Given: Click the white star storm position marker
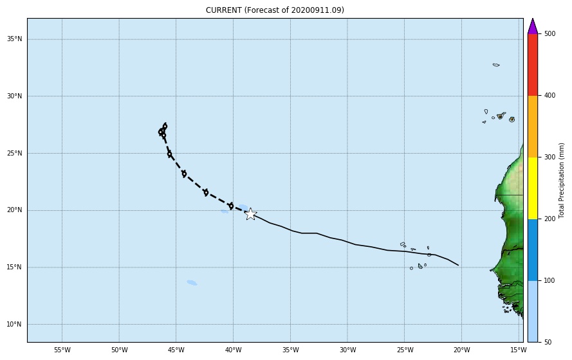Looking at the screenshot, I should [250, 214].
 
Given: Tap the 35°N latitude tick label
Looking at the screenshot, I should [14, 39].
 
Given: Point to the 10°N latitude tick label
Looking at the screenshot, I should [14, 324].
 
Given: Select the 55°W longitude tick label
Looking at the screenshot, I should [62, 350].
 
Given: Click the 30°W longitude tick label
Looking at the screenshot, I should [347, 350].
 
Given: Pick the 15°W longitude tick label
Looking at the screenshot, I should [518, 350].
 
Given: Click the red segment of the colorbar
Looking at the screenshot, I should [532, 64].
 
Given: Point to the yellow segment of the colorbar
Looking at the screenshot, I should [532, 188].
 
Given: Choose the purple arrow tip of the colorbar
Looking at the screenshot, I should [532, 26].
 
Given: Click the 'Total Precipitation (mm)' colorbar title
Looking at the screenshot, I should [562, 181].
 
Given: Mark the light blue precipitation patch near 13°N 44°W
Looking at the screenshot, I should [192, 282].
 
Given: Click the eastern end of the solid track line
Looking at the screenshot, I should [458, 265].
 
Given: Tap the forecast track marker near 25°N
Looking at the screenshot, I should [169, 154].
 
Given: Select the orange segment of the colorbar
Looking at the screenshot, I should [532, 126].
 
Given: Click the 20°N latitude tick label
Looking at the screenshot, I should [14, 210].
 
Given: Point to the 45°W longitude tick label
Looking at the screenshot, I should [176, 350].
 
